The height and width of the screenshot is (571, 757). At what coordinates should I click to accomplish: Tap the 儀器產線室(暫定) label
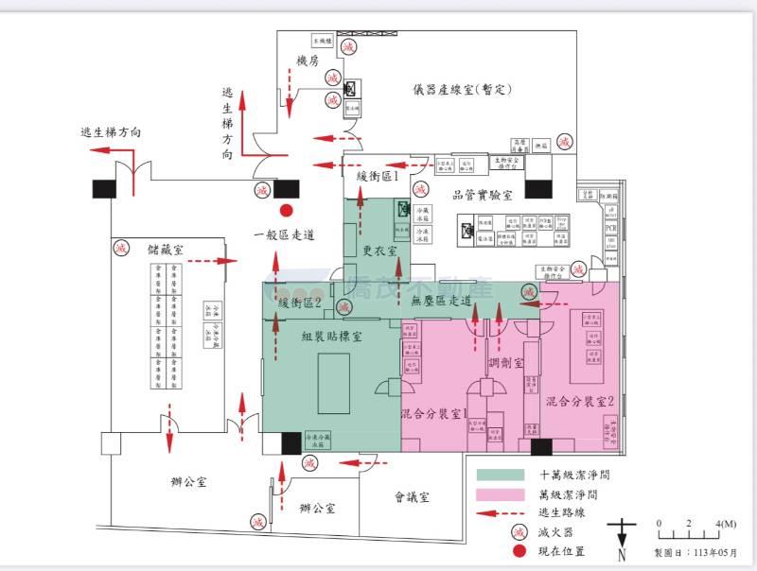462,91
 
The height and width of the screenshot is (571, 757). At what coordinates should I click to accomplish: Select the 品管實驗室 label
483,196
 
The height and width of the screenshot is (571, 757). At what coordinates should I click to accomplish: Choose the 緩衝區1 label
375,177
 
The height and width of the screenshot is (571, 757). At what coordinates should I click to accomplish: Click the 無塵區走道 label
442,302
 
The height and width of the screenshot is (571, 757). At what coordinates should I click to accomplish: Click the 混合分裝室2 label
581,402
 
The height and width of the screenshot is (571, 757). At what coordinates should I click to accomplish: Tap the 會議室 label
413,496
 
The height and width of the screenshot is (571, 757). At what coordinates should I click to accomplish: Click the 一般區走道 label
285,235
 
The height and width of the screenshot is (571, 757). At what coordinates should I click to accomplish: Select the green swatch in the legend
502,476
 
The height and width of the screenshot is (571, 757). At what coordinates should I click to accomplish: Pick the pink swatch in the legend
502,494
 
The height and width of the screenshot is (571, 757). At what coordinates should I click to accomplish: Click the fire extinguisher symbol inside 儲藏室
120,249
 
